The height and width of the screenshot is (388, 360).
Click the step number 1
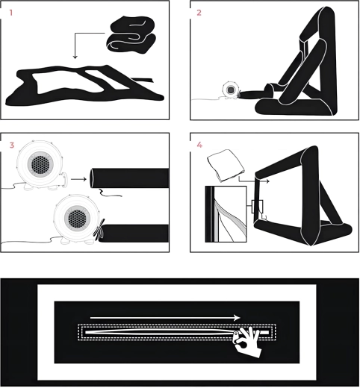pyautogui.click(x=11, y=13)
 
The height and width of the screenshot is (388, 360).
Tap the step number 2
pyautogui.click(x=199, y=13)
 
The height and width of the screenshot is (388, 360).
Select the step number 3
pyautogui.click(x=12, y=145)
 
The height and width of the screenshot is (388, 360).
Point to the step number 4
pyautogui.click(x=199, y=145)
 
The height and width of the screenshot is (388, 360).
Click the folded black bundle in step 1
pyautogui.click(x=131, y=34)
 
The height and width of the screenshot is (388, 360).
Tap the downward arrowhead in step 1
pyautogui.click(x=75, y=57)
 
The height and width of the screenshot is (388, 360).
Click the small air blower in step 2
pyautogui.click(x=231, y=90)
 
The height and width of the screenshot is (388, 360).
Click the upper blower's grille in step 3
pyautogui.click(x=39, y=164)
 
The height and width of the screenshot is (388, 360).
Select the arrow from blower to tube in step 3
pyautogui.click(x=78, y=179)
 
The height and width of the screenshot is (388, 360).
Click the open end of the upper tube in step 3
pyautogui.click(x=92, y=178)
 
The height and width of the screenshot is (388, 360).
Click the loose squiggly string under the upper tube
pyautogui.click(x=111, y=193)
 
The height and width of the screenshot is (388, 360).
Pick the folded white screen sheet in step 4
pyautogui.click(x=226, y=165)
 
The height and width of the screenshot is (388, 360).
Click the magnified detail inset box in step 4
pyautogui.click(x=226, y=214)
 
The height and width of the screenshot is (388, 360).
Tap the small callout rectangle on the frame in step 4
pyautogui.click(x=258, y=207)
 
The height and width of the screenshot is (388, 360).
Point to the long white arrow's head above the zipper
pyautogui.click(x=238, y=318)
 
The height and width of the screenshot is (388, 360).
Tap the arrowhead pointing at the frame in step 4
pyautogui.click(x=267, y=181)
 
